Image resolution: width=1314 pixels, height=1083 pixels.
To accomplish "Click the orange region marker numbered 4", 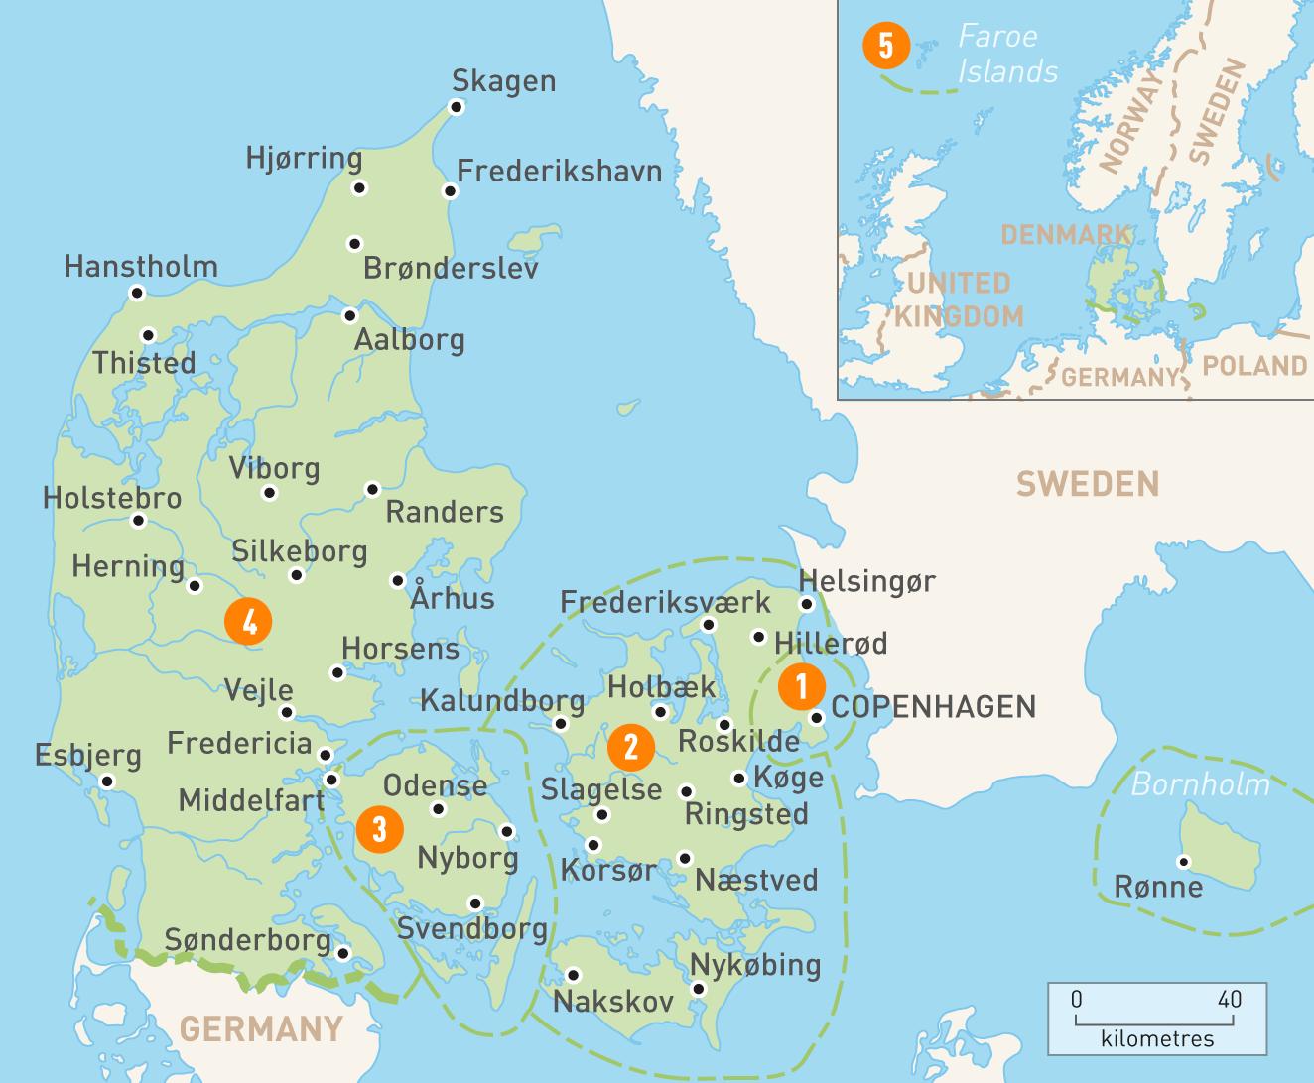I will click(248, 622).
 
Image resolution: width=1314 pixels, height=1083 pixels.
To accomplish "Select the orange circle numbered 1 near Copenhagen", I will click(801, 685).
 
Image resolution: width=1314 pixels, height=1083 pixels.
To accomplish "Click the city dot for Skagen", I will click(458, 107).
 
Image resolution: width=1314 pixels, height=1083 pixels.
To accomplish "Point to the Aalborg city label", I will click(410, 340).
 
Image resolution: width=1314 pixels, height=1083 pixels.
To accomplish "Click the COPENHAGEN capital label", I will click(933, 707).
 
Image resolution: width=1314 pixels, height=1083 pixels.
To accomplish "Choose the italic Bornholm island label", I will click(1200, 784).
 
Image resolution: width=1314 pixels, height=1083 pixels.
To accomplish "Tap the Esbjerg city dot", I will click(108, 782).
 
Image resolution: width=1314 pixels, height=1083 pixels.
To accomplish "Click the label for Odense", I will click(435, 786).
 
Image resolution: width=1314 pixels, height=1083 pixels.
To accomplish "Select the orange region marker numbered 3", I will click(379, 827).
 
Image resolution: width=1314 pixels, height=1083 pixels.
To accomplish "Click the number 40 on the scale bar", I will click(1229, 999).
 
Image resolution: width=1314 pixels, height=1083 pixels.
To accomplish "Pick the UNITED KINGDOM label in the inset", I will click(959, 300).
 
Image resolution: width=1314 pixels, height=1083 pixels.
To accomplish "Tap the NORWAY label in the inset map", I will click(1130, 119).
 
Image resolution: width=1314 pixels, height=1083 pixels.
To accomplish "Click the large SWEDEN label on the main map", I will click(1087, 484).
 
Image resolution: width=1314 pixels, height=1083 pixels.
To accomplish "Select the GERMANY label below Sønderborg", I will click(262, 1028).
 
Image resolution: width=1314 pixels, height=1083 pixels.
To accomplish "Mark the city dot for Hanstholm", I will click(137, 293).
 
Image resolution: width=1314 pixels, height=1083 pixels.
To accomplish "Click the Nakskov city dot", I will click(573, 974).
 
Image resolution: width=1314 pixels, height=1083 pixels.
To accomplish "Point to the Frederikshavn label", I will click(559, 171).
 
